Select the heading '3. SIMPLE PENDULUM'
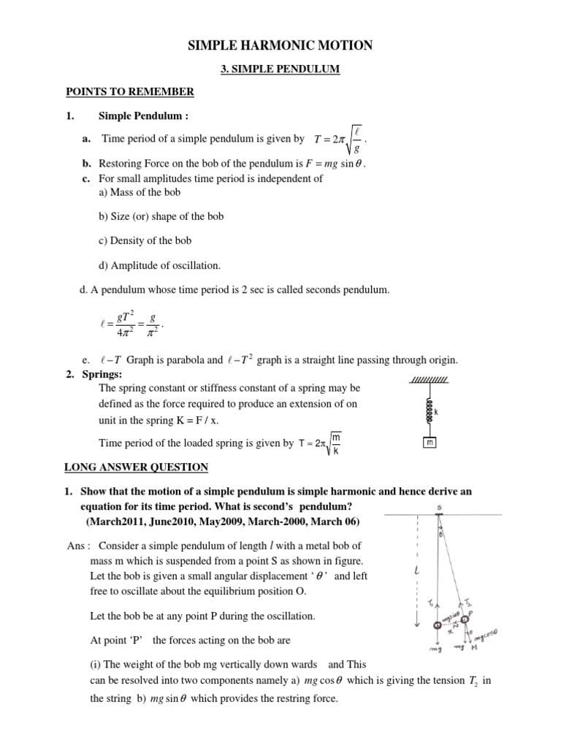pyautogui.click(x=280, y=70)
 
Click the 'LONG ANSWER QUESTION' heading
pyautogui.click(x=136, y=467)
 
